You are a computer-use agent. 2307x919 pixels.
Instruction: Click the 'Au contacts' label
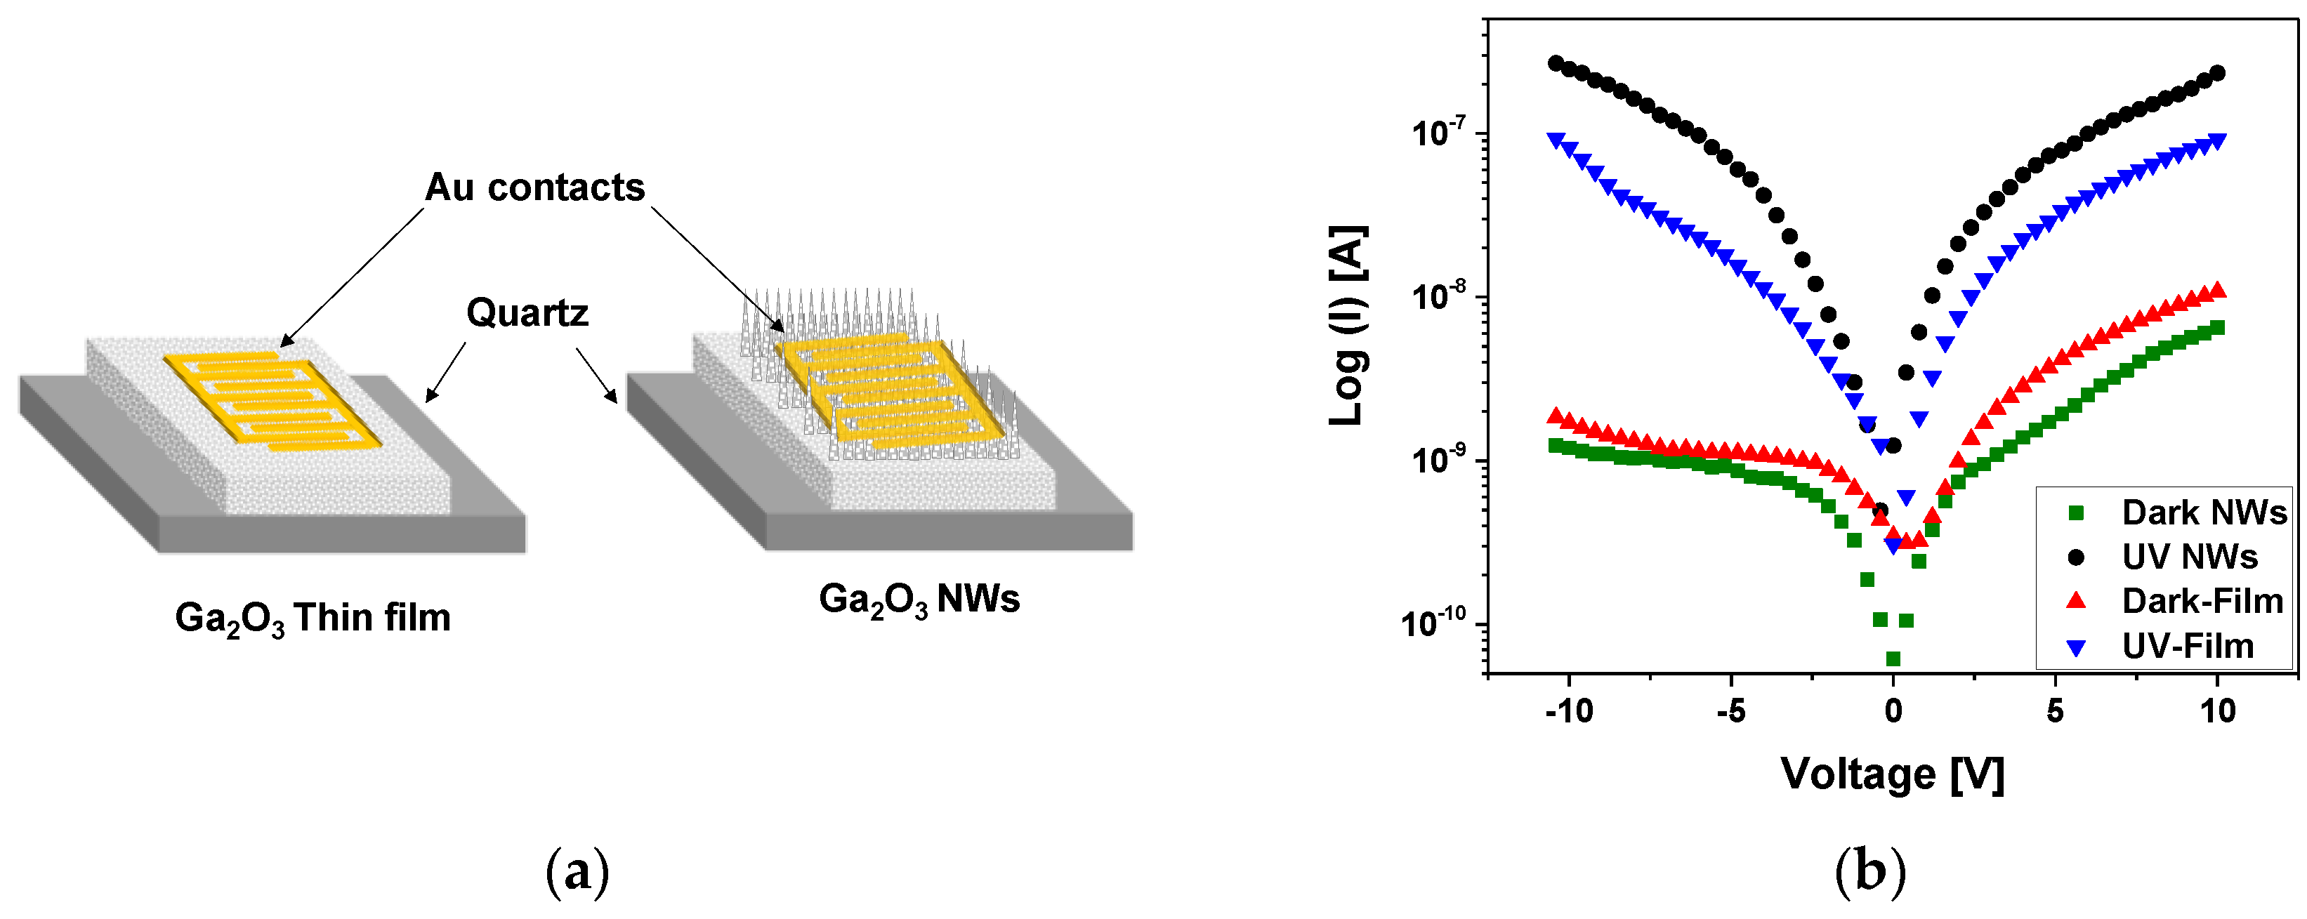coord(534,187)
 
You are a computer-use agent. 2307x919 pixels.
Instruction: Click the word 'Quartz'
coord(527,312)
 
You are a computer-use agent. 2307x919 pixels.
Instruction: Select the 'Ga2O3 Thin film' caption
coord(313,618)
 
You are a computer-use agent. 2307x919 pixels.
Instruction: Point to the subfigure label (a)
coord(578,871)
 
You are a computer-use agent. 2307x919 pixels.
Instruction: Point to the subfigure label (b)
coord(1870,871)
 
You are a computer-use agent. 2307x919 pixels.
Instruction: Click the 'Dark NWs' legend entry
coord(2202,513)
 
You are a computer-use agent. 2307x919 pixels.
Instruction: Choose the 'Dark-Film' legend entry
coord(2202,600)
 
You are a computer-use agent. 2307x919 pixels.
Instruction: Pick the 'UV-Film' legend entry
coord(2187,645)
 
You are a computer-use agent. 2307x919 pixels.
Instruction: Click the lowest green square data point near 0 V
coord(1893,659)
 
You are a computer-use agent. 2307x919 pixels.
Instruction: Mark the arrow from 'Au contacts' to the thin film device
coord(352,276)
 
